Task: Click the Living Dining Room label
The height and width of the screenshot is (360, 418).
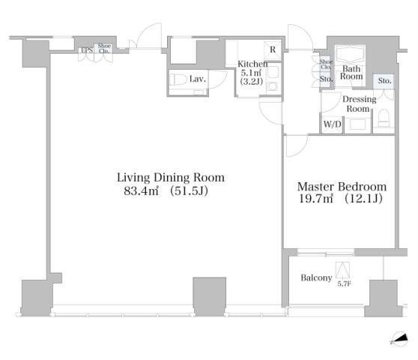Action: click(x=171, y=178)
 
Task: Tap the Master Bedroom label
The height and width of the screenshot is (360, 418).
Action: click(x=342, y=187)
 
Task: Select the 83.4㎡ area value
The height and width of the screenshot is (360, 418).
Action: click(x=142, y=190)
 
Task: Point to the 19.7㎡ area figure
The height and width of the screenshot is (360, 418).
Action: click(x=316, y=199)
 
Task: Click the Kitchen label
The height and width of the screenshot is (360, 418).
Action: click(x=252, y=64)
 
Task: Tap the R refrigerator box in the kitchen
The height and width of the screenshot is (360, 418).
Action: click(x=273, y=49)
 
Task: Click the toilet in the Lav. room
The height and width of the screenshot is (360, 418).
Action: click(x=178, y=79)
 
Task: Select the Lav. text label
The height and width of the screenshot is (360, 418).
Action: click(x=198, y=79)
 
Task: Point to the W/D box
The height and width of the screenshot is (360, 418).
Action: click(x=332, y=124)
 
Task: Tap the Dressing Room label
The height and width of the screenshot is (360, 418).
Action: click(x=359, y=103)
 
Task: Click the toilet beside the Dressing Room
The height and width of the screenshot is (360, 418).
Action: click(x=384, y=118)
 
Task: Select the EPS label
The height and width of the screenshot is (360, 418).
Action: click(x=87, y=50)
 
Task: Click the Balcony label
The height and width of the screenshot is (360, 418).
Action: click(x=316, y=277)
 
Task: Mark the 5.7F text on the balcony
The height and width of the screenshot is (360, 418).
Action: click(x=344, y=283)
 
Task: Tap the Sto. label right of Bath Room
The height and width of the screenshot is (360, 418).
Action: click(x=384, y=80)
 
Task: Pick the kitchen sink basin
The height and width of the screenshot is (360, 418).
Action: click(x=273, y=72)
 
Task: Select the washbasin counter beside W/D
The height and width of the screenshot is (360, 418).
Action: click(x=357, y=125)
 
